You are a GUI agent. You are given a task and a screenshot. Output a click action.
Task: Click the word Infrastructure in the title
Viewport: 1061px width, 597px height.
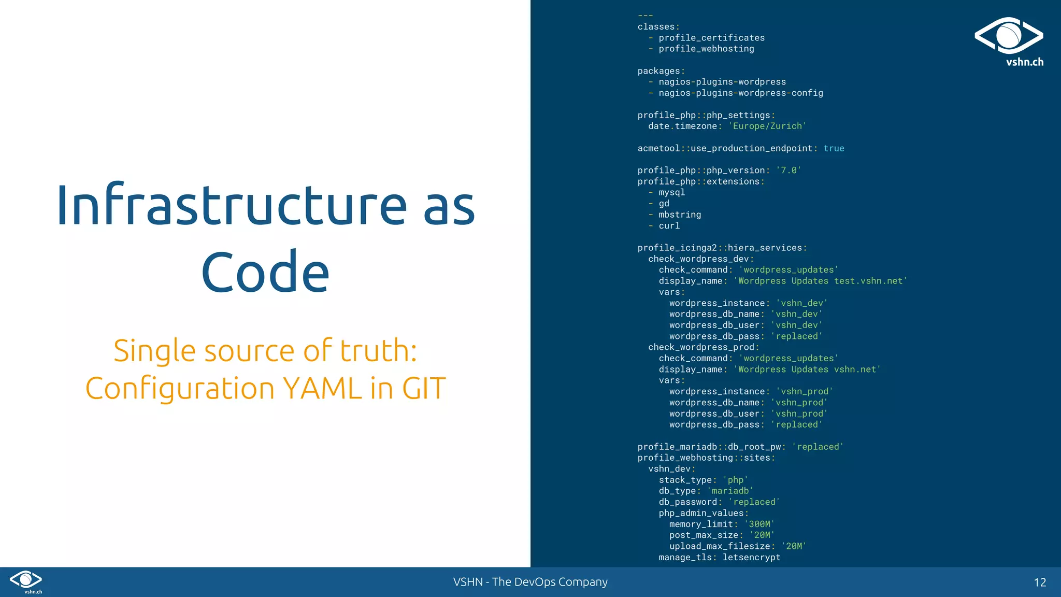pos(232,205)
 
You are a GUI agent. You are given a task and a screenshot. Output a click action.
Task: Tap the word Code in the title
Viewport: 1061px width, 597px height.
pos(265,272)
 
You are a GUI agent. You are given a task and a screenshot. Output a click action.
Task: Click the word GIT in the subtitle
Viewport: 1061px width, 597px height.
pos(424,388)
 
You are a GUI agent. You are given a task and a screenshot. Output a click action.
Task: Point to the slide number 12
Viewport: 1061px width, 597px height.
pos(1039,582)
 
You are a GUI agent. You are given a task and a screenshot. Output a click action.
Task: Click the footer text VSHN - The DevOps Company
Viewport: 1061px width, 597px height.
pos(530,582)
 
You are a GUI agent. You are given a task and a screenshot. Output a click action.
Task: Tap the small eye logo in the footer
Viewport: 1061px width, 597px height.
pos(26,580)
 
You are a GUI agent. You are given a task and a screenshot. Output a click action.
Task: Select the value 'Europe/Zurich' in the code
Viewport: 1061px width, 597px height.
pos(767,126)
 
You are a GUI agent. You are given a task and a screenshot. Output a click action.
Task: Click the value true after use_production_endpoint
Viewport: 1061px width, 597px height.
pos(834,149)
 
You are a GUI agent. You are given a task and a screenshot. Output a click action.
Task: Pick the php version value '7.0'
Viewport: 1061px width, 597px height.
pos(788,170)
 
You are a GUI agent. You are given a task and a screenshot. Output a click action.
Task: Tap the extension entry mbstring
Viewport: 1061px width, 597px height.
pos(680,215)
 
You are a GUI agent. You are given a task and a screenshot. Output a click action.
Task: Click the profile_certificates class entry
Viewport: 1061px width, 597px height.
pos(711,38)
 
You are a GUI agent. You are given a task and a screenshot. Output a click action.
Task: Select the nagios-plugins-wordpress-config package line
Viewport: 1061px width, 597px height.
pos(740,93)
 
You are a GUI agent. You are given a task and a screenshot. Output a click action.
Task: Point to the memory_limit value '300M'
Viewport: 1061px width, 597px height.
pos(759,524)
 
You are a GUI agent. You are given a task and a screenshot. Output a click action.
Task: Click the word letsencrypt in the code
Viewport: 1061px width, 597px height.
pos(751,558)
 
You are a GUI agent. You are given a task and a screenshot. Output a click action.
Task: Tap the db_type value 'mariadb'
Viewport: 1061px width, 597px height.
pos(730,491)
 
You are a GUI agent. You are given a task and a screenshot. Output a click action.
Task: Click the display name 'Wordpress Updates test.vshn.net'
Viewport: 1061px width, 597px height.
pos(820,281)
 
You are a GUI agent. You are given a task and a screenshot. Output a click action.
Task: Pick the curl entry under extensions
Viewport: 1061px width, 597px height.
pos(669,226)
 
